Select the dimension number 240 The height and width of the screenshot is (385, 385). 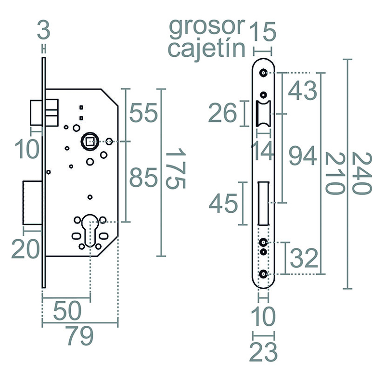362,173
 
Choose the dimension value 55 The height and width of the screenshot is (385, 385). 143,115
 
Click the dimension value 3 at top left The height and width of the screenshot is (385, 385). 44,31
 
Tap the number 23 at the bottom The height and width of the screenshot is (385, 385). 264,353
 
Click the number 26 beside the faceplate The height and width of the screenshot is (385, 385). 223,114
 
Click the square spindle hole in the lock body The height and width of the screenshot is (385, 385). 89,141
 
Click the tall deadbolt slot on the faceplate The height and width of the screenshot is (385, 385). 263,203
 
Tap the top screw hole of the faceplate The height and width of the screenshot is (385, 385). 263,73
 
